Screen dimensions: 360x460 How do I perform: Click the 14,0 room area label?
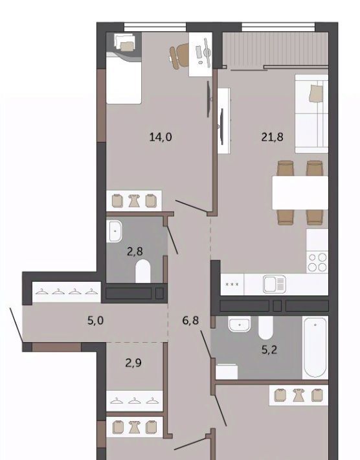tap(161, 137)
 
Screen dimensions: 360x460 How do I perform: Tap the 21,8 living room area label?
tap(273, 137)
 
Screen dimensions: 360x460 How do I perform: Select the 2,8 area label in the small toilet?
tap(135, 251)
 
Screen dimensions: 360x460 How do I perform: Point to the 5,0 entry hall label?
tap(96, 320)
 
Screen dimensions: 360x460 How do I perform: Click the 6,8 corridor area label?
tap(190, 320)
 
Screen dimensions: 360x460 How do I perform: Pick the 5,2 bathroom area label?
tap(269, 350)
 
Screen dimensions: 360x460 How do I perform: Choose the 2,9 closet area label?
tap(133, 363)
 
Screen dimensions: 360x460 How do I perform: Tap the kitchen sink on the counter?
tap(275, 284)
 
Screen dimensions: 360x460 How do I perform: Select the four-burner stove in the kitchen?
tap(317, 262)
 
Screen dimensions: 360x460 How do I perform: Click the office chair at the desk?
tap(179, 56)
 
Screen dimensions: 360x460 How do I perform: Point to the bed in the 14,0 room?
tap(124, 68)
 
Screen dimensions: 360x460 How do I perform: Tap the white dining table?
tap(300, 192)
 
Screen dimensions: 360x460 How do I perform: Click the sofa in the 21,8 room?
tap(311, 113)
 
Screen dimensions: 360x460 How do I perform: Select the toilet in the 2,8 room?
tap(143, 271)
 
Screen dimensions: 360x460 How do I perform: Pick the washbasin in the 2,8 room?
tap(115, 232)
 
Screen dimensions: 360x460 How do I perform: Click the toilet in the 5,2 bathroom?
tap(265, 327)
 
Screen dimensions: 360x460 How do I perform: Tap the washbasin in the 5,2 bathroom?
tap(240, 324)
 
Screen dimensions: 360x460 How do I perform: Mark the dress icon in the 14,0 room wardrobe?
tap(134, 201)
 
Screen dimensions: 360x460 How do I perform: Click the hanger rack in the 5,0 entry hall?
tap(67, 292)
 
